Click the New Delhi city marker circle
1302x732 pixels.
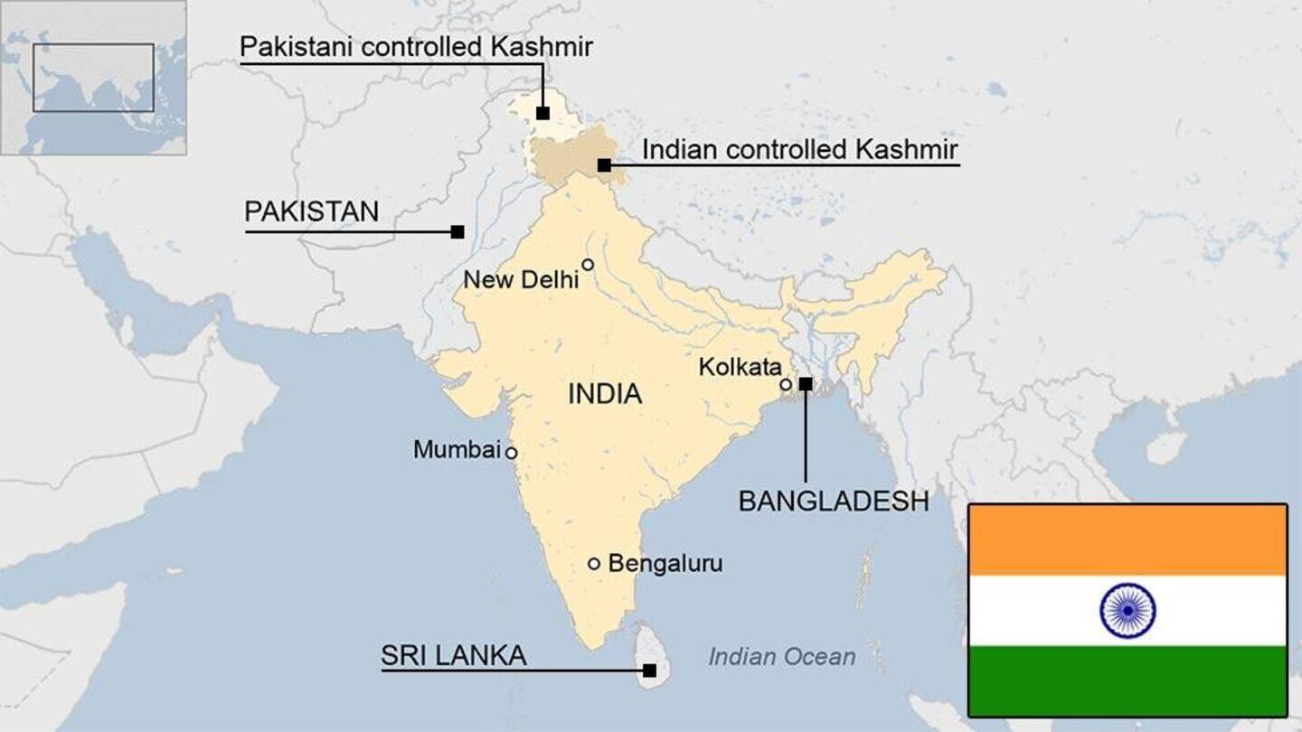(588, 265)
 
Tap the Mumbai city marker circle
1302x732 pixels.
(511, 452)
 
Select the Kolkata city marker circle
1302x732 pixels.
(786, 384)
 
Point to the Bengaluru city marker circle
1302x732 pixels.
(594, 563)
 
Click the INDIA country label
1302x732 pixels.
(605, 394)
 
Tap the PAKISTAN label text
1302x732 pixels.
(311, 212)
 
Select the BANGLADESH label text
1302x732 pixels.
(833, 502)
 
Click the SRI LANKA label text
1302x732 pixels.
(453, 655)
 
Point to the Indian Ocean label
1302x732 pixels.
(781, 657)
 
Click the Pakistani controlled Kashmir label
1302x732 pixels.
(416, 47)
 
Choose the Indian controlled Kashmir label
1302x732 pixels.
(799, 149)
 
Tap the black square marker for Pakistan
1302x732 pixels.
(458, 231)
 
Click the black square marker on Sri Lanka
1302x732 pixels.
(649, 671)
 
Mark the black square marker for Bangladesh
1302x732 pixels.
(806, 383)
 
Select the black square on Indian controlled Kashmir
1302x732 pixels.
(603, 165)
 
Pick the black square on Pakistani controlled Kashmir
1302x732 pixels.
(542, 113)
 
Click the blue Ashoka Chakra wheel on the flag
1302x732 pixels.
(1127, 610)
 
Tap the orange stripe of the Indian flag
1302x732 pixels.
(1127, 540)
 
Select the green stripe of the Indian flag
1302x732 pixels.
(1127, 680)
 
